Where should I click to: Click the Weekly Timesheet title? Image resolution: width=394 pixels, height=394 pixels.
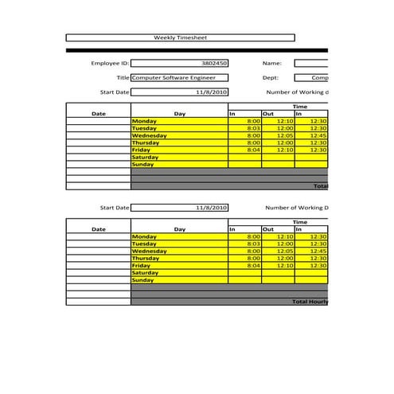179,37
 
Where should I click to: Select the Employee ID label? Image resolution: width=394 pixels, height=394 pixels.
110,63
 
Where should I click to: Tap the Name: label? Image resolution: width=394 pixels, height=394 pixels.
272,63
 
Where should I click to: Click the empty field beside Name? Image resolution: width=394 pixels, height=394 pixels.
311,63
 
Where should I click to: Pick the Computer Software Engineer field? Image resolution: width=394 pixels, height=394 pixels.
179,78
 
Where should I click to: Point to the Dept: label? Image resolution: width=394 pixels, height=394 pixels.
271,78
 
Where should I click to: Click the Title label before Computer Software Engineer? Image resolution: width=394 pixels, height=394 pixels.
123,78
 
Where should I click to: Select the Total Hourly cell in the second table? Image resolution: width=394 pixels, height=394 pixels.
310,302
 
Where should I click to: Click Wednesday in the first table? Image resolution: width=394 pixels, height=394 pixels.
150,135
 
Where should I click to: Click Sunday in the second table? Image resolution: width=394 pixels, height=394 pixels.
143,280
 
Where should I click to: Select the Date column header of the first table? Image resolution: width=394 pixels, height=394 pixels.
98,114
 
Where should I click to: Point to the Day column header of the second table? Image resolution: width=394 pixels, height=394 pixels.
179,229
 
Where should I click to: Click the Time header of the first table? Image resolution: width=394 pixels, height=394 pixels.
299,107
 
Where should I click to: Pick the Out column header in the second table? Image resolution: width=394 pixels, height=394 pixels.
268,229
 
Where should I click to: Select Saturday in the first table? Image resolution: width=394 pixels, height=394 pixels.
145,157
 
